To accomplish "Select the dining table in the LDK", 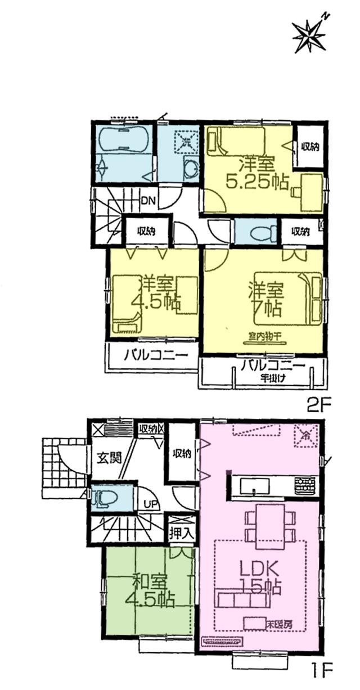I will (x=270, y=526).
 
